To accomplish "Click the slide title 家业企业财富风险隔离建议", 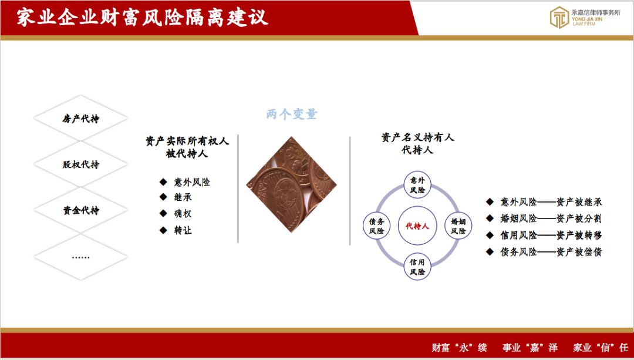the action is [x=142, y=18].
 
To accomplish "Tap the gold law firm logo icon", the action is [x=559, y=18].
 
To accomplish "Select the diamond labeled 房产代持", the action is [x=81, y=119].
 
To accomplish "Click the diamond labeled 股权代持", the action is [x=81, y=164].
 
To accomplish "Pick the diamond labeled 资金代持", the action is [x=81, y=211].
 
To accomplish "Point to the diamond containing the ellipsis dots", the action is [x=81, y=257].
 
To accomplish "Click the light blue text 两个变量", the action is [x=292, y=114].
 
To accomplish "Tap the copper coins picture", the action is [x=292, y=185].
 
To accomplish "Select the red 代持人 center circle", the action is [x=417, y=226].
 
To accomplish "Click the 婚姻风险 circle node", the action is [x=458, y=226].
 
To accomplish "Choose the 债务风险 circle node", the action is [x=376, y=226].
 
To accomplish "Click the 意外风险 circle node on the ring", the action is [x=417, y=185].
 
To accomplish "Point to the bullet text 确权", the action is [x=183, y=214].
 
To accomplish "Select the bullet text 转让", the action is [x=183, y=231].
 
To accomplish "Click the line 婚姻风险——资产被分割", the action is [x=551, y=218].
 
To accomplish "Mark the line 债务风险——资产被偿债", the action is [x=551, y=252].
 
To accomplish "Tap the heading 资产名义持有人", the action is [x=418, y=137].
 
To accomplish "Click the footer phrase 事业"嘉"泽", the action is [x=530, y=348].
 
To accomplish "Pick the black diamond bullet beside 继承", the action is [x=163, y=197].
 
